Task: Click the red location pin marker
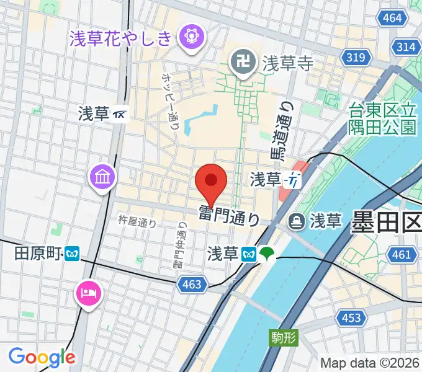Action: (211, 182)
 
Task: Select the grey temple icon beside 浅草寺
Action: (241, 62)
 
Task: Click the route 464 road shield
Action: (392, 18)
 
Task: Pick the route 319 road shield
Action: (356, 58)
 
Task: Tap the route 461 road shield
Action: (402, 254)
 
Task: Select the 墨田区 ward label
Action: (386, 222)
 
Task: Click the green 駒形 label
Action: (284, 338)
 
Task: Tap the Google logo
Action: (42, 357)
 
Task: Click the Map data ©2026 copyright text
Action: (370, 363)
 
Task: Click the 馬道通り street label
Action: (282, 131)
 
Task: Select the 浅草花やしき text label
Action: (128, 38)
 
